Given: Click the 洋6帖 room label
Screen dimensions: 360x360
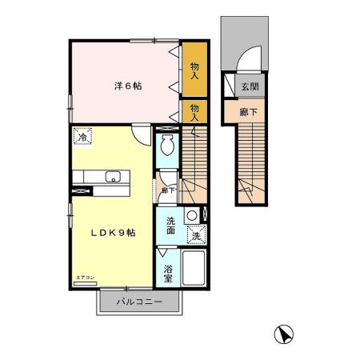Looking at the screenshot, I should click(126, 86).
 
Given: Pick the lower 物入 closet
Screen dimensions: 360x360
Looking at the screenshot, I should click(194, 110).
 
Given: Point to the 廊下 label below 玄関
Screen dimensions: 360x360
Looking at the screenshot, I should click(249, 112).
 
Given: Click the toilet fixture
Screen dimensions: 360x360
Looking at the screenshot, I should click(166, 146).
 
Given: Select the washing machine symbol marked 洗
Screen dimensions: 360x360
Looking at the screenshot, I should click(196, 235).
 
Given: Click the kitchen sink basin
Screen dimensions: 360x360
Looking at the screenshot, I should click(111, 177).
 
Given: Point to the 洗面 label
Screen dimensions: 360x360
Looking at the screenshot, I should click(170, 226).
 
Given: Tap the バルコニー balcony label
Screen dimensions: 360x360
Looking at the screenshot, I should click(139, 302).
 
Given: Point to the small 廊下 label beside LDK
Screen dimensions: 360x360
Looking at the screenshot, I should click(168, 190).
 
